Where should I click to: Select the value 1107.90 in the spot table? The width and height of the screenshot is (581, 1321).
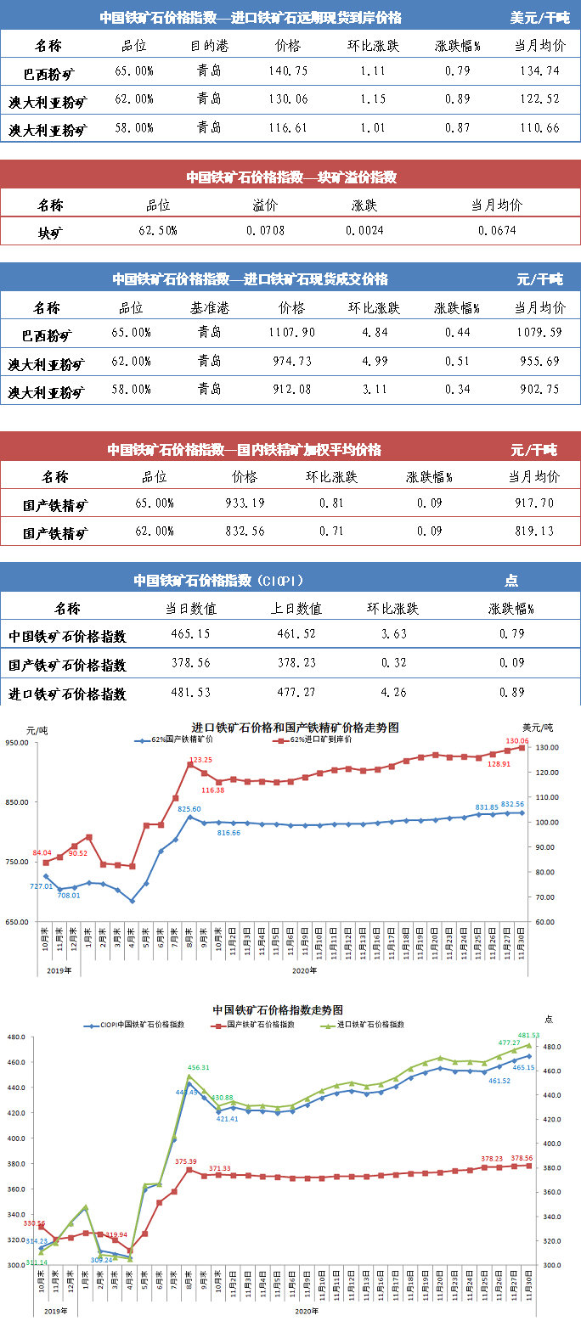(290, 335)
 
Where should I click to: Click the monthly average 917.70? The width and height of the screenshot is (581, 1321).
(533, 503)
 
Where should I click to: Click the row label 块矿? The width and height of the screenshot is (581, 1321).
(50, 232)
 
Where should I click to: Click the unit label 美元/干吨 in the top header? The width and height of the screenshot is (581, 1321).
(539, 17)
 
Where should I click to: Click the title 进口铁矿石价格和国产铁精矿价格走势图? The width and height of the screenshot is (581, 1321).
(295, 728)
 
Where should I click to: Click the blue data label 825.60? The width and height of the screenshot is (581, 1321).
(189, 809)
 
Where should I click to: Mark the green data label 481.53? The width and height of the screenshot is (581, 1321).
(528, 1036)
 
